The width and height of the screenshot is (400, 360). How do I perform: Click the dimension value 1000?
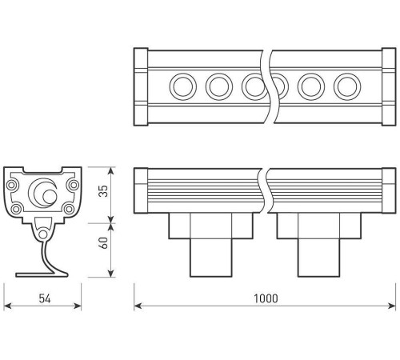[266, 298]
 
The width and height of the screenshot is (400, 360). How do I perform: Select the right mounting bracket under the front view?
[316, 248]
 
